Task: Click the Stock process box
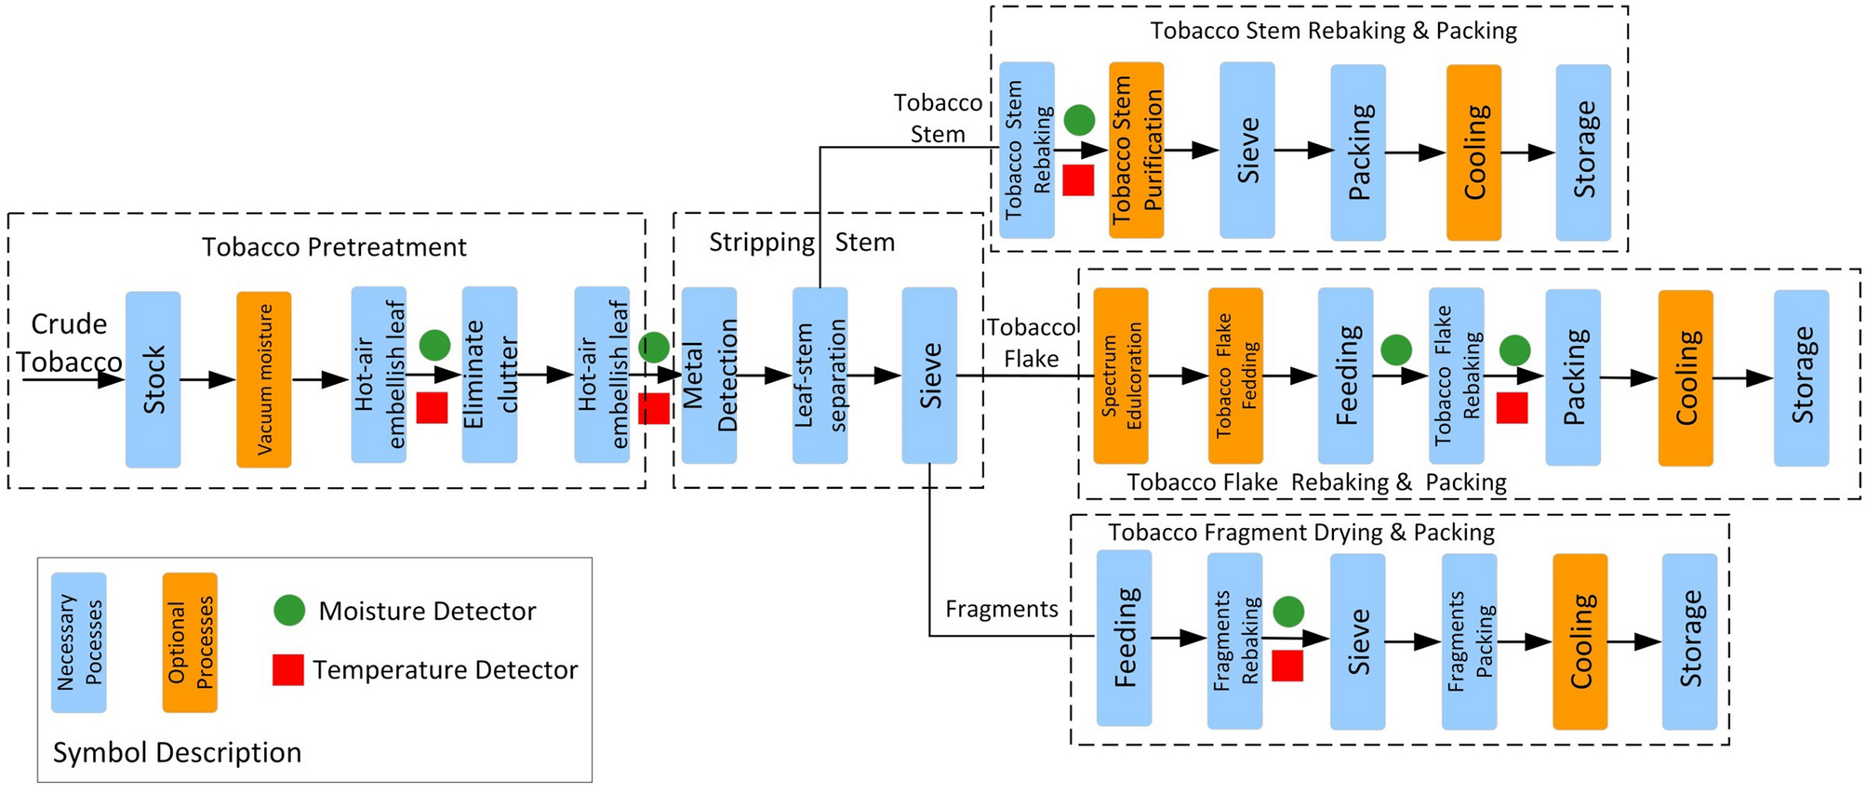pyautogui.click(x=153, y=379)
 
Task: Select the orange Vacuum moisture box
pyautogui.click(x=263, y=379)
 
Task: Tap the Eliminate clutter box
pyautogui.click(x=489, y=375)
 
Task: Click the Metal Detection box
pyautogui.click(x=709, y=376)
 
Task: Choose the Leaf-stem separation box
pyautogui.click(x=820, y=376)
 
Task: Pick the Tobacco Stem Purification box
pyautogui.click(x=1136, y=151)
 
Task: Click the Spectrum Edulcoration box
pyautogui.click(x=1120, y=376)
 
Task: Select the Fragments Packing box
pyautogui.click(x=1469, y=641)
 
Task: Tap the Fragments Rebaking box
pyautogui.click(x=1234, y=641)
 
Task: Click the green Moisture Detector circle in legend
pyautogui.click(x=289, y=611)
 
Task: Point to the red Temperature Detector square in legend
pyautogui.click(x=288, y=670)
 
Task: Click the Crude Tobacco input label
pyautogui.click(x=69, y=343)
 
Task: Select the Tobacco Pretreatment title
pyautogui.click(x=334, y=247)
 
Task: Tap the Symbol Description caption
pyautogui.click(x=177, y=752)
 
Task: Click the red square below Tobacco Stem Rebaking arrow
pyautogui.click(x=1078, y=180)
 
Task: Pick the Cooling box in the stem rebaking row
pyautogui.click(x=1473, y=152)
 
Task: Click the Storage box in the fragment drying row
pyautogui.click(x=1689, y=641)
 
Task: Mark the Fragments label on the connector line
pyautogui.click(x=1002, y=609)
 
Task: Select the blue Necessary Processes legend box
pyautogui.click(x=79, y=642)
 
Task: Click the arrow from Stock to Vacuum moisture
pyautogui.click(x=207, y=379)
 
